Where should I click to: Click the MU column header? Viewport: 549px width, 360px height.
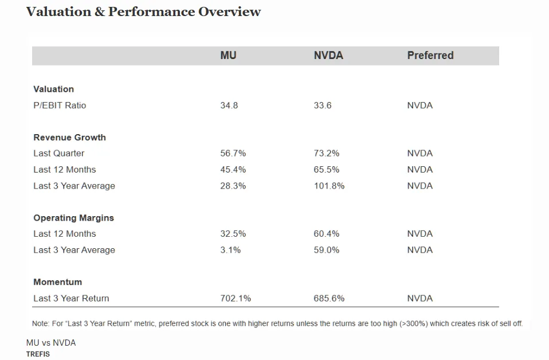228,56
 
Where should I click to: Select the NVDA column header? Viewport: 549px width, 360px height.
328,56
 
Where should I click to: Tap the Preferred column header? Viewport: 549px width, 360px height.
430,56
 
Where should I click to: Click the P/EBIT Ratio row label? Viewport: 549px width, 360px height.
60,105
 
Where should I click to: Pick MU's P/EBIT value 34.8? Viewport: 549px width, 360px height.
229,105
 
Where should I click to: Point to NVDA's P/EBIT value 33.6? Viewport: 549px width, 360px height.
322,105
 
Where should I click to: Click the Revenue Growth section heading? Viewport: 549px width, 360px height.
69,138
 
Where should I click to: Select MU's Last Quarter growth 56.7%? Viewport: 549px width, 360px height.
233,154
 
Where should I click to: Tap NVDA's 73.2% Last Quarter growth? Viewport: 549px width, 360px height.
326,154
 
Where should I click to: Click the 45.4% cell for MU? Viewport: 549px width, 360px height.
233,170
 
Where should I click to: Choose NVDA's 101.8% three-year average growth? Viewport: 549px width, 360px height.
329,186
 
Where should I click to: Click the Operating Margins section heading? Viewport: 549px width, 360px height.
73,218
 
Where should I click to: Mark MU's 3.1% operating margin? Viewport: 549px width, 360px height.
230,250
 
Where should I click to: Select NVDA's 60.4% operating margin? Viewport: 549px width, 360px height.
326,234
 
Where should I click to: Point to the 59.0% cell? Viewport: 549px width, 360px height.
326,250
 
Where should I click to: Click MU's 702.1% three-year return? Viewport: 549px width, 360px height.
236,298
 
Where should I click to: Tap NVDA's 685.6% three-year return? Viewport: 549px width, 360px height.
329,298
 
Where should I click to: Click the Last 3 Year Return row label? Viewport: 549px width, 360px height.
71,298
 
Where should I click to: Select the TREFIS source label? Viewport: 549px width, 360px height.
38,354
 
